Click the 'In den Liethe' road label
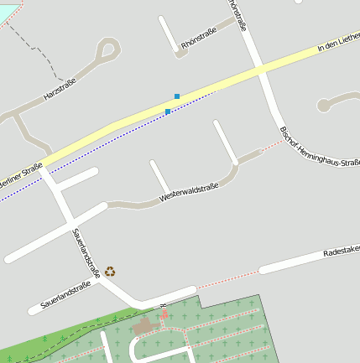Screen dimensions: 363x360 (x=339, y=44)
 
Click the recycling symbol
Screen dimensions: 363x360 (x=110, y=271)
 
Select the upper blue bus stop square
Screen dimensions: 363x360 (x=177, y=96)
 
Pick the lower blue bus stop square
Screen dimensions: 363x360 (x=168, y=111)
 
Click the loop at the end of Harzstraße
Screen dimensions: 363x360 (x=107, y=50)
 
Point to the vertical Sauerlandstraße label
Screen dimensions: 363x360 (x=86, y=252)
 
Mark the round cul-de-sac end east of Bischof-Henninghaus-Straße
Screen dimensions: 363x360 (x=323, y=106)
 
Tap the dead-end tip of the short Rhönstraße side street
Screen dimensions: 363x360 (x=162, y=18)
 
